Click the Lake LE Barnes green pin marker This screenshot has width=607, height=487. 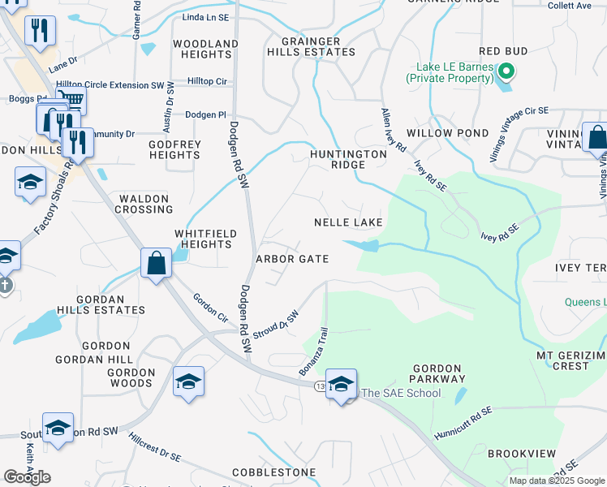click(x=506, y=72)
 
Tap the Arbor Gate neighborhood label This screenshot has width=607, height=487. click(x=292, y=259)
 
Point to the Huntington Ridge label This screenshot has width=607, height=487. click(x=348, y=159)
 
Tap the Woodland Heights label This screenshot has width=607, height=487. click(x=206, y=49)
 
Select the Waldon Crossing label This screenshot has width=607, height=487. click(x=144, y=204)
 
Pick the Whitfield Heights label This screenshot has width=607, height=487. click(x=206, y=239)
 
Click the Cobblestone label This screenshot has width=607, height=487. click(x=273, y=472)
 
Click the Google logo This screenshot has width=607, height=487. click(x=27, y=477)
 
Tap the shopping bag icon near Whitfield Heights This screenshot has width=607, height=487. click(x=155, y=263)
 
